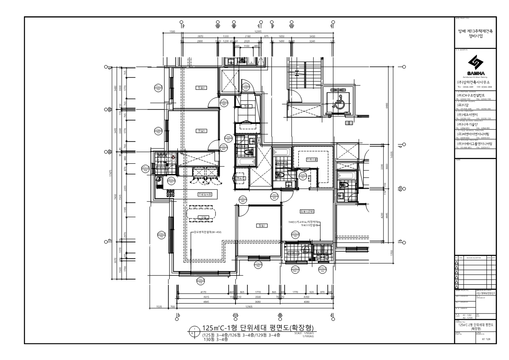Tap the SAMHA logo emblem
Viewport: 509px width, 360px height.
[x=476, y=63]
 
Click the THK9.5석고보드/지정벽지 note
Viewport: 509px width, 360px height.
[x=304, y=222]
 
